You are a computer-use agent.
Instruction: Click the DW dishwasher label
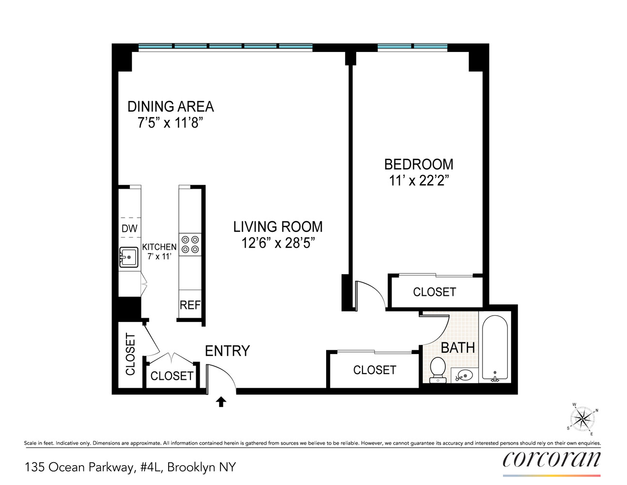tap(129, 228)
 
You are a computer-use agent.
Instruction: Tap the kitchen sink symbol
tap(128, 258)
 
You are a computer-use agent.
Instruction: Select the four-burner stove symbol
tap(190, 244)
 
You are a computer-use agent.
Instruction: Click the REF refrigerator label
tap(190, 305)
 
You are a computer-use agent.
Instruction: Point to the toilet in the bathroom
tap(438, 369)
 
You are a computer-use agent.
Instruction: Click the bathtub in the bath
tap(495, 347)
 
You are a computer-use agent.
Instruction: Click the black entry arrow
tap(221, 402)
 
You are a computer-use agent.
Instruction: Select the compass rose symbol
tap(582, 419)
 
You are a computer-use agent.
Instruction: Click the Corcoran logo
tap(551, 460)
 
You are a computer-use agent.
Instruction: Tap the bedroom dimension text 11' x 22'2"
tap(419, 181)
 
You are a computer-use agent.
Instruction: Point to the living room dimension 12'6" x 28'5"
tap(278, 243)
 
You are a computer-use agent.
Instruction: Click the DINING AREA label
tap(171, 107)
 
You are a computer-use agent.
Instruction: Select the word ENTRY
tap(227, 351)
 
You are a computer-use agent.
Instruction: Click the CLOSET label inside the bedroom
tap(435, 292)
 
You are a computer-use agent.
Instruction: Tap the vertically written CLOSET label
tap(130, 354)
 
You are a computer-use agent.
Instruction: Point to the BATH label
tap(457, 348)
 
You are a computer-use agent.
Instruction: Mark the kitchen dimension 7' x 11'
tap(159, 257)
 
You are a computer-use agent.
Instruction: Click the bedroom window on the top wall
tap(412, 47)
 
